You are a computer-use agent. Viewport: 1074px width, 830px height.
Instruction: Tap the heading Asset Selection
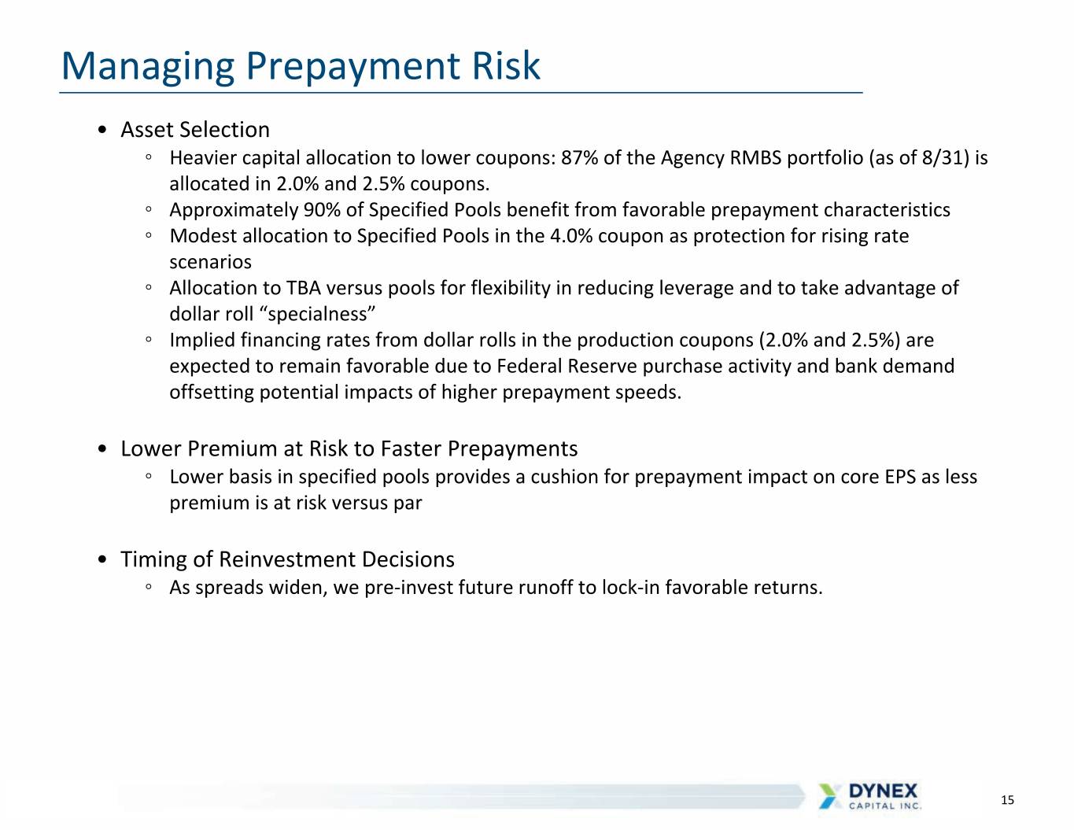tap(195, 130)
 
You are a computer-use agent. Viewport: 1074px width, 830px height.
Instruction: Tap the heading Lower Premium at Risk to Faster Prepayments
tap(349, 449)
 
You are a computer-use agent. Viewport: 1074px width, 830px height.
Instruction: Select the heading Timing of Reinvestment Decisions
tap(288, 559)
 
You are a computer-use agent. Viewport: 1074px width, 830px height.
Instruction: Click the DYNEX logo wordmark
tap(884, 791)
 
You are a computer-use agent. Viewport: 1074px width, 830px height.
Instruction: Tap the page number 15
tap(1007, 800)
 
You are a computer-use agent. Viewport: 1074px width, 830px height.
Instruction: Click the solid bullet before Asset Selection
tap(102, 130)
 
